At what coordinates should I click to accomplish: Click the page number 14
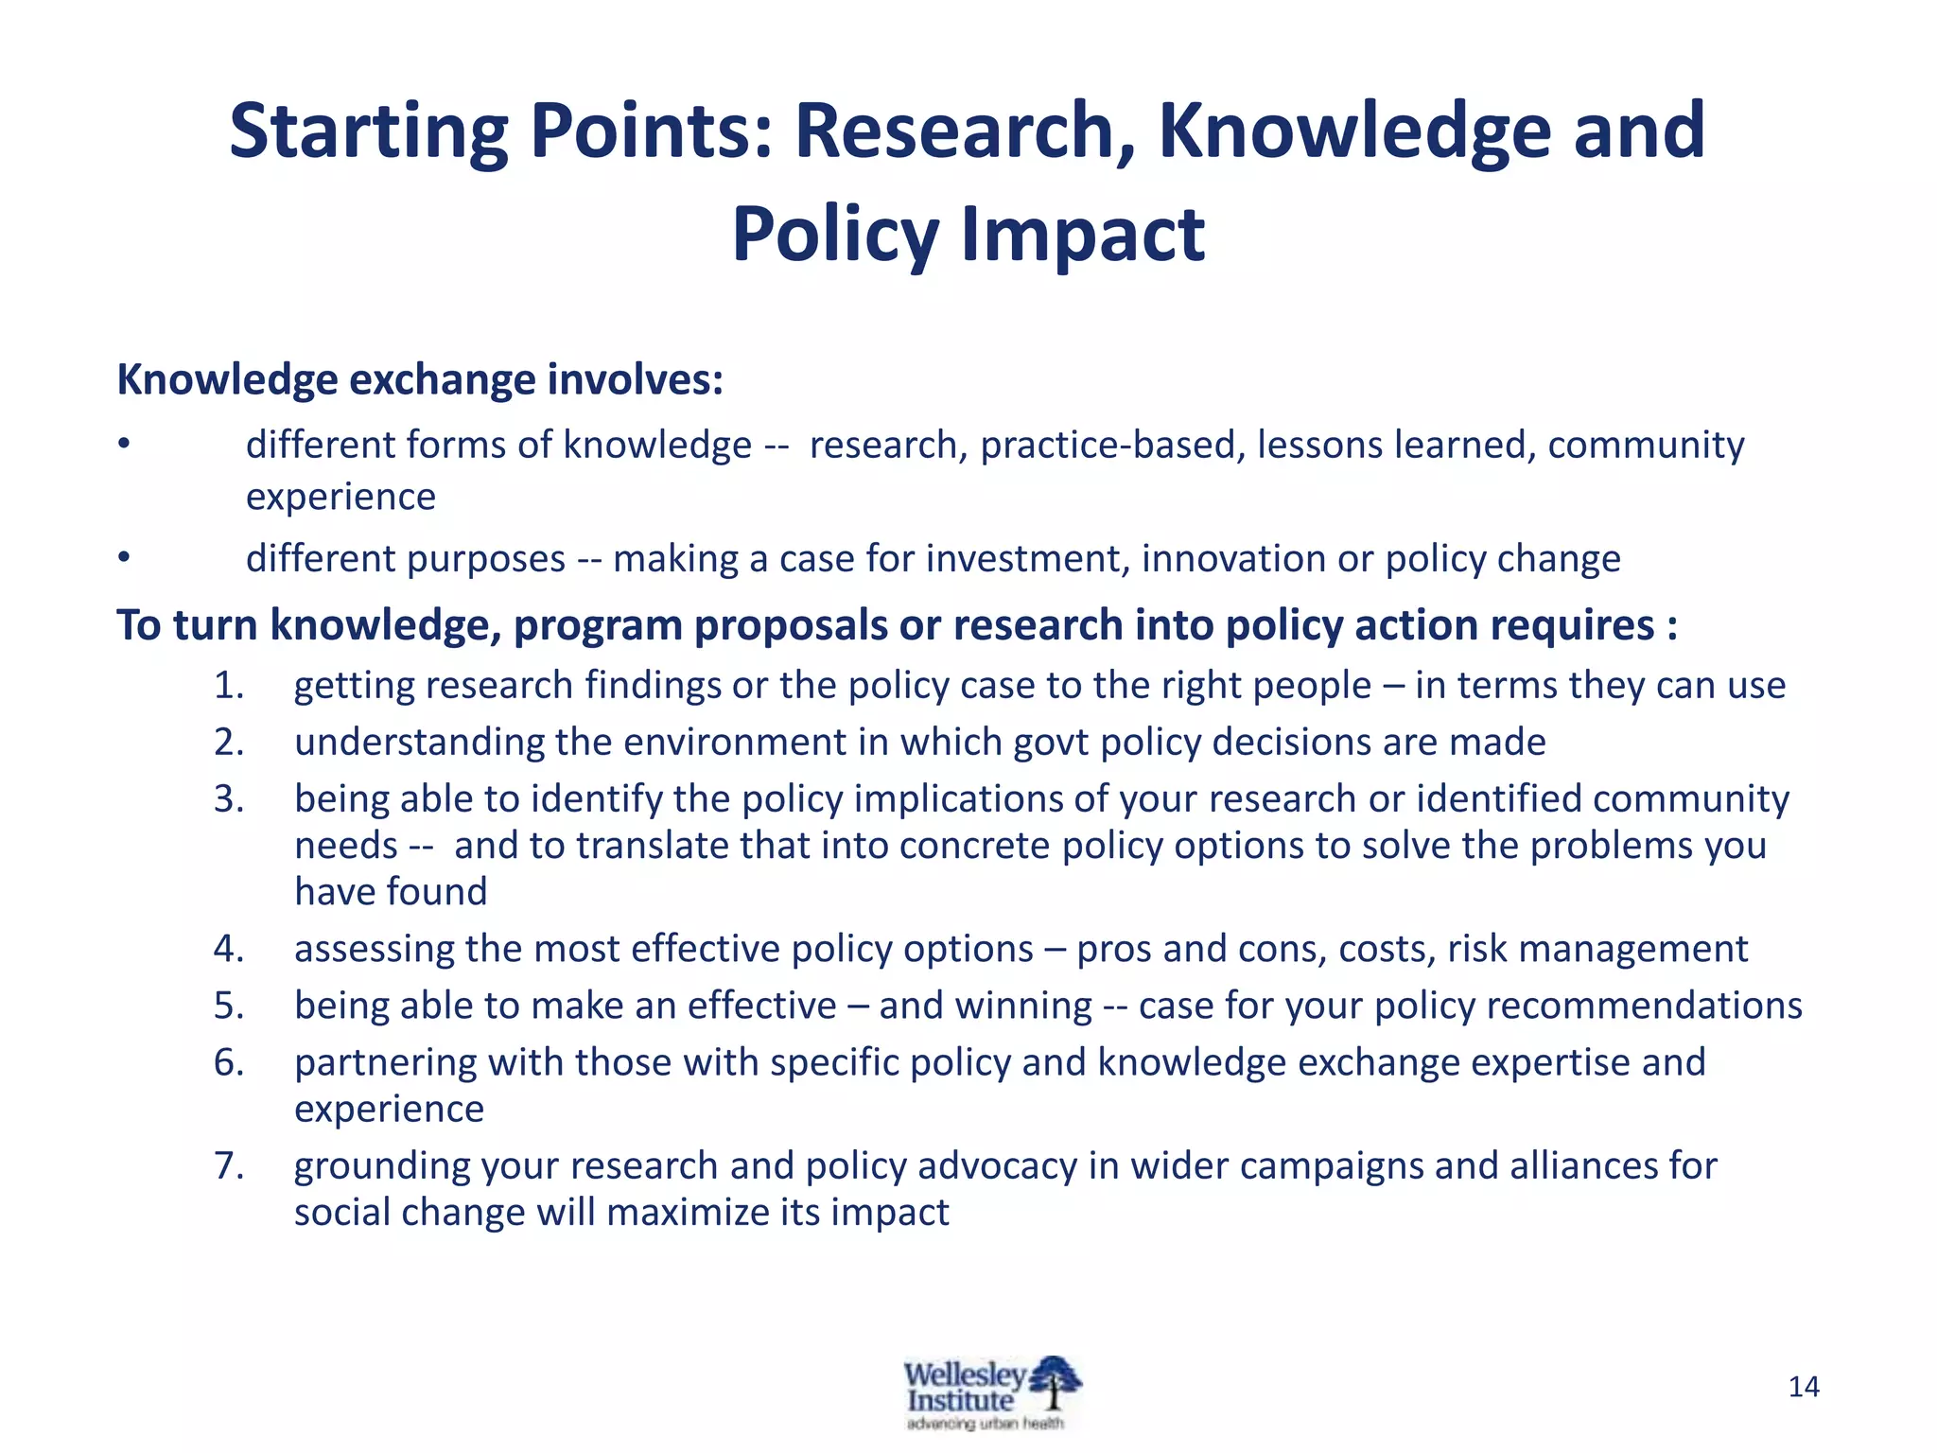[x=1804, y=1387]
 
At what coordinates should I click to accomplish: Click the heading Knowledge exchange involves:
[x=420, y=380]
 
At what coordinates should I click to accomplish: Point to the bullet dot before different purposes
[x=123, y=558]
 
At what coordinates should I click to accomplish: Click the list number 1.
[x=229, y=686]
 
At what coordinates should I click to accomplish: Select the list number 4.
[x=229, y=949]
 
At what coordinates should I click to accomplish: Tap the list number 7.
[x=229, y=1165]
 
